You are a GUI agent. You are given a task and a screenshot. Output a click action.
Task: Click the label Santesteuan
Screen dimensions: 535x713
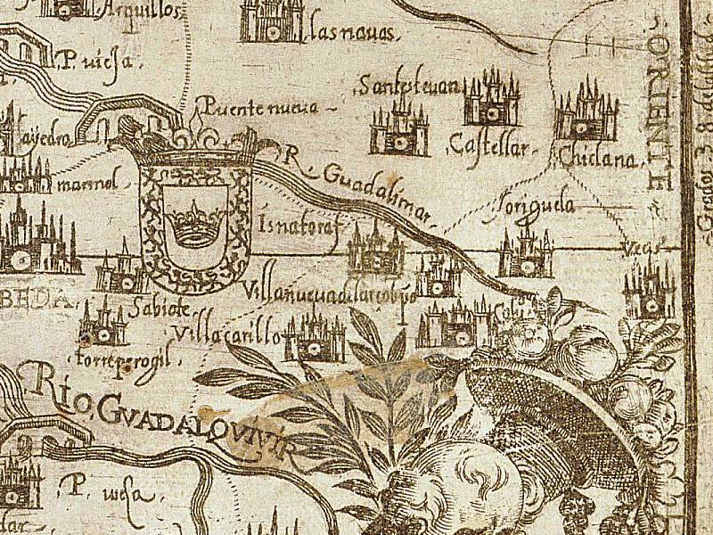[x=409, y=86]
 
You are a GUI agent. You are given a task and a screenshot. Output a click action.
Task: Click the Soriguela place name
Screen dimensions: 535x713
[x=535, y=206]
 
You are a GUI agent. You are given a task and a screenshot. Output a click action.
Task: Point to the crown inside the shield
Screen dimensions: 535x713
[x=195, y=222]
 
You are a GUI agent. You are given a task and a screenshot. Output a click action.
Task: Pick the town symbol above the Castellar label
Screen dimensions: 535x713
[x=491, y=100]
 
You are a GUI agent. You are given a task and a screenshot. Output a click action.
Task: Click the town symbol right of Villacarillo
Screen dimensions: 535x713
[x=314, y=337]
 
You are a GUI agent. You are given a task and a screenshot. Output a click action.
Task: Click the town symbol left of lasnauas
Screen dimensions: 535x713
[x=272, y=21]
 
